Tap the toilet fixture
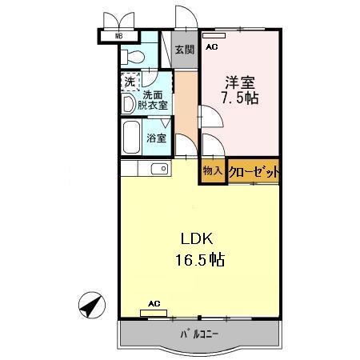pos(132,56)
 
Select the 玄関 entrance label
pos(185,50)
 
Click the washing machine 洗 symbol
pos(129,81)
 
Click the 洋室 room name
pos(240,82)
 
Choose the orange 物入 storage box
pos(213,171)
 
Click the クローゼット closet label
pos(254,171)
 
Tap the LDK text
pos(194,240)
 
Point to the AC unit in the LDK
pos(154,312)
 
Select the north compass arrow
pos(93,306)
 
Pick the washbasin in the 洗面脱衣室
pos(129,103)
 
